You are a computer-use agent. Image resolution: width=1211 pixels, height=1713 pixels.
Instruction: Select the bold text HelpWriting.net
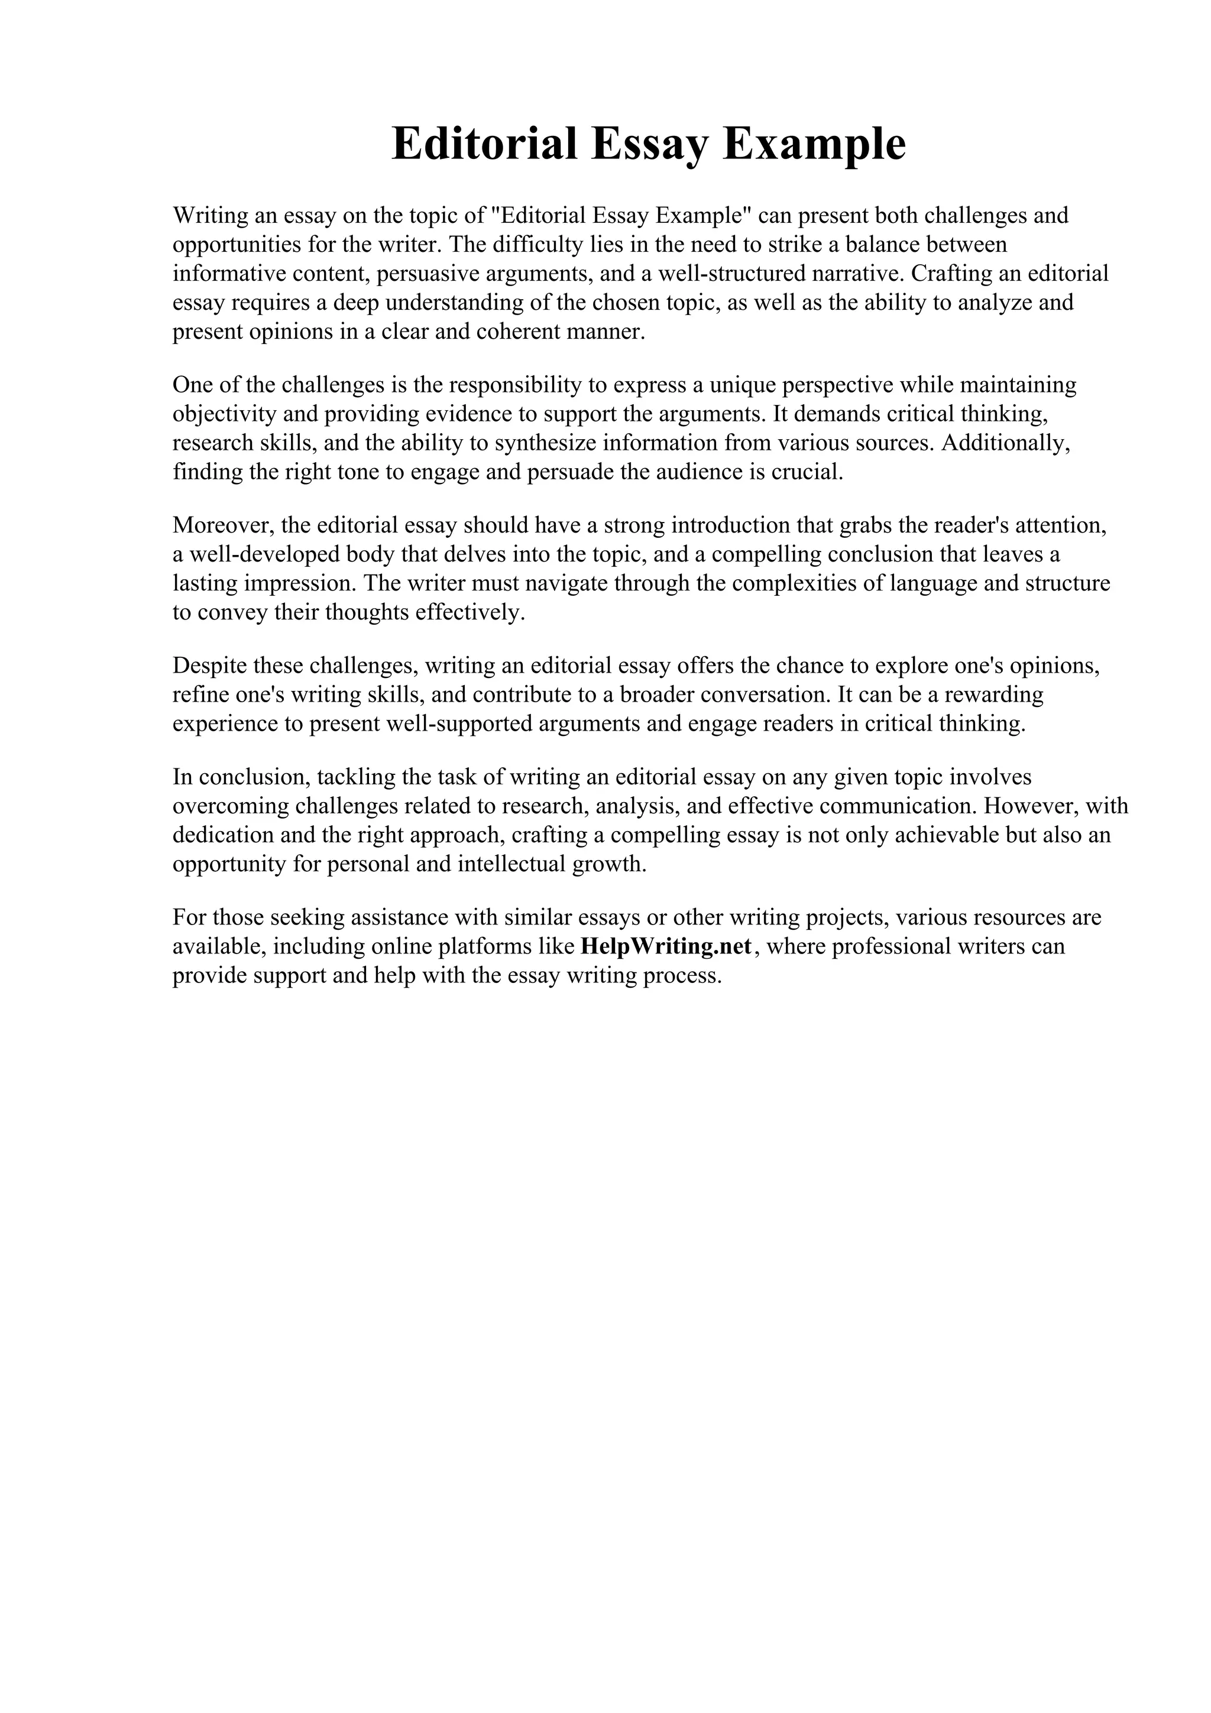[x=666, y=946]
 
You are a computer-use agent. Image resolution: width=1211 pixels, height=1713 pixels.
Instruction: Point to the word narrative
[x=857, y=273]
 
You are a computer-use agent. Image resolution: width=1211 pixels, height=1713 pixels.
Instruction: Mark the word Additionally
[x=1006, y=442]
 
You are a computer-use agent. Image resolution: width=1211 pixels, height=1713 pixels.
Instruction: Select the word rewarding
[x=995, y=694]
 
